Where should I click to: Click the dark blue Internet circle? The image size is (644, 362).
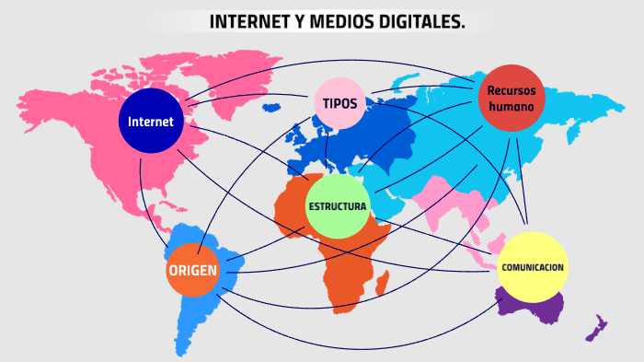151,122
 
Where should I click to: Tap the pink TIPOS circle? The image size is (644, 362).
339,103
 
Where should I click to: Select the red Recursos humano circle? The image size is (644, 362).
512,99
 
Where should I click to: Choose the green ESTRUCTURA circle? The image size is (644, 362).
338,205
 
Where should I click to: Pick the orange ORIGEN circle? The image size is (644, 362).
192,271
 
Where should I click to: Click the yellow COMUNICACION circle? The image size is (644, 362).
532,267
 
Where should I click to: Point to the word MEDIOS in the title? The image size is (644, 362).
328,21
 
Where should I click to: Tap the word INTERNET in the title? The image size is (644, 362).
247,21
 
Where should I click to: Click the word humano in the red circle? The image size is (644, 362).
512,106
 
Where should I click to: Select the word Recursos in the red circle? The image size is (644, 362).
512,90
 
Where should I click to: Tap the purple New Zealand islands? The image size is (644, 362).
597,327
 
